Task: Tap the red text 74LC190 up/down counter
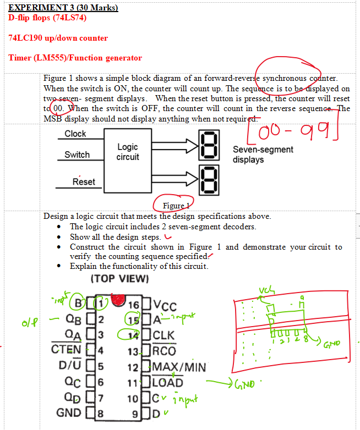[58, 38]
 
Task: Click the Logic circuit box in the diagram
[128, 152]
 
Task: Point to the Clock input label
[75, 134]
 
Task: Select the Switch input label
[77, 155]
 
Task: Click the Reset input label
[84, 181]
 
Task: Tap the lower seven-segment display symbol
[212, 179]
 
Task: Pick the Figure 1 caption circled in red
[176, 205]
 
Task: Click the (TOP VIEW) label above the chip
[119, 278]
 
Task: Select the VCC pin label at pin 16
[165, 307]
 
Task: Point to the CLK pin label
[164, 335]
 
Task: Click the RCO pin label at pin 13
[165, 351]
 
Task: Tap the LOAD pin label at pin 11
[168, 382]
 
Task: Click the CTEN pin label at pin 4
[66, 349]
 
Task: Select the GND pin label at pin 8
[69, 412]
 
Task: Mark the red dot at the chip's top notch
[117, 299]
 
